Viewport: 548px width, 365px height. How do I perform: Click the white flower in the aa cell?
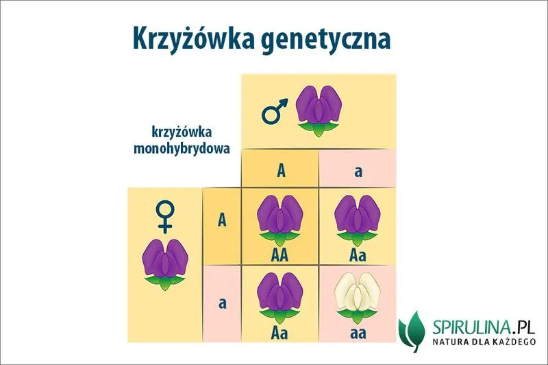point(356,298)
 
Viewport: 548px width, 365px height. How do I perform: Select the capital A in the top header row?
point(280,170)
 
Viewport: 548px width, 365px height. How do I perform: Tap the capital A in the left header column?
point(222,220)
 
